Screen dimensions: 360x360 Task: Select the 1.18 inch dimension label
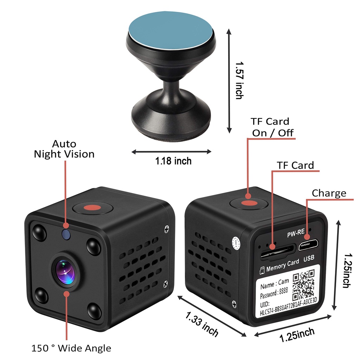[173, 161]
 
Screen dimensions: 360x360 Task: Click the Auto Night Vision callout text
[64, 149]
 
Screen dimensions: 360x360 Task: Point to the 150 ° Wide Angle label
[71, 348]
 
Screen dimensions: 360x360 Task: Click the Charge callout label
[329, 193]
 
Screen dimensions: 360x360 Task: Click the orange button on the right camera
[249, 203]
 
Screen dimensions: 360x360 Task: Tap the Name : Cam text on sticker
[275, 284]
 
